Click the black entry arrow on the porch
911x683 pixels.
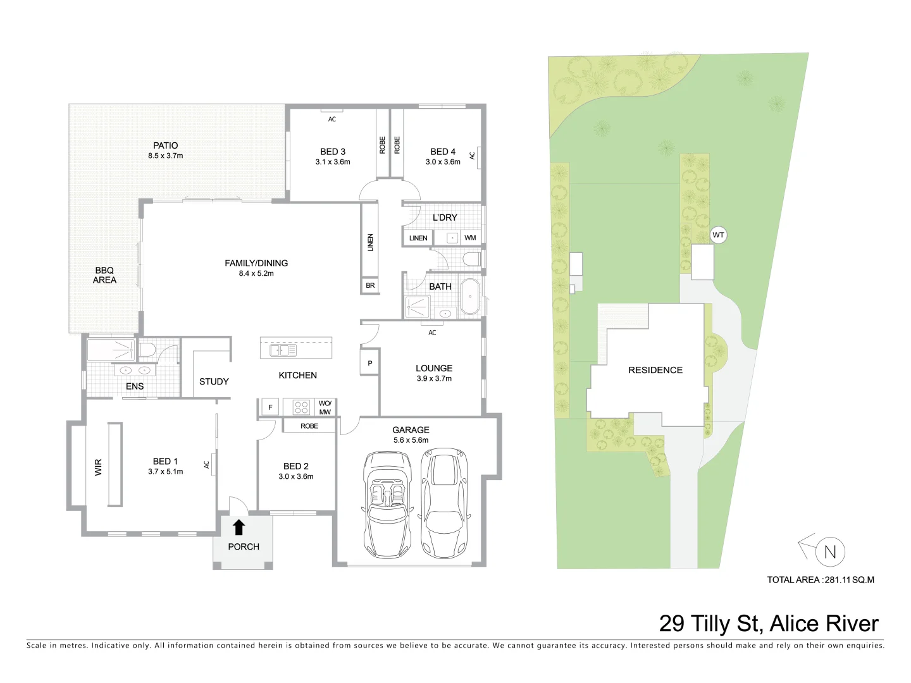[239, 527]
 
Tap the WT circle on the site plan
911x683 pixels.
[718, 235]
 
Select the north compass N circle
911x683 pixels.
[830, 552]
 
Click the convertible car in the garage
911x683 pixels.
[387, 504]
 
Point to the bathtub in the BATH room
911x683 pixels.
[469, 296]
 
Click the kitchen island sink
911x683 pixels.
[283, 350]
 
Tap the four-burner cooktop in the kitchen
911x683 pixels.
[301, 407]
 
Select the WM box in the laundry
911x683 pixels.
[470, 238]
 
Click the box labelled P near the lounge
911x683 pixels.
[370, 363]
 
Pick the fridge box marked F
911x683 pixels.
[270, 407]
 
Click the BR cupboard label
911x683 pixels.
[370, 286]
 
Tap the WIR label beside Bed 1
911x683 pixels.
[98, 467]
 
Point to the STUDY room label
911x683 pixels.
[214, 381]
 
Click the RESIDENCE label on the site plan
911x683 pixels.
[655, 370]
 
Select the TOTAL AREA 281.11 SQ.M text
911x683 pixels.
[820, 579]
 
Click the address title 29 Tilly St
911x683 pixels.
[768, 624]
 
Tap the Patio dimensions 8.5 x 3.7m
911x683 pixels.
[165, 156]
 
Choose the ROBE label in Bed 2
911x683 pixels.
[309, 426]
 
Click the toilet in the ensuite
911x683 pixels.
[147, 350]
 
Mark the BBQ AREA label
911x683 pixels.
[104, 275]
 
